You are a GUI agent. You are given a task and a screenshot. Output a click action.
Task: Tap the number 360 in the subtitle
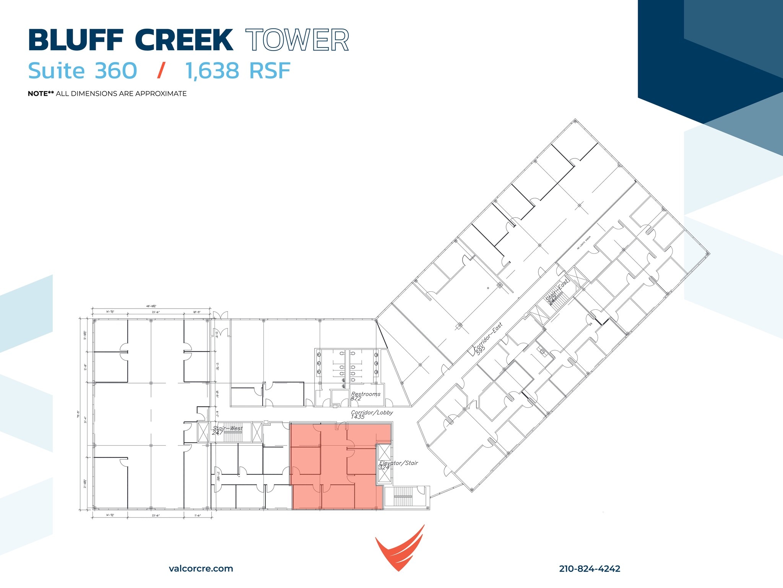click(x=115, y=71)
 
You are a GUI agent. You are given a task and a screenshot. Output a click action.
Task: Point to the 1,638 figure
click(x=213, y=71)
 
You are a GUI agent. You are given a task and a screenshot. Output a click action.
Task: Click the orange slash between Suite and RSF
click(x=161, y=71)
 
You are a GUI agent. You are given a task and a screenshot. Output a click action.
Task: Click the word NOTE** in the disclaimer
click(x=41, y=94)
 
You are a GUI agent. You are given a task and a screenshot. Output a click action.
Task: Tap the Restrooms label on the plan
click(x=366, y=394)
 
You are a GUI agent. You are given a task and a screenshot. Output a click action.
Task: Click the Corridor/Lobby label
click(x=372, y=412)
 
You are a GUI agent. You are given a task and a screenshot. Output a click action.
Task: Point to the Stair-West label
click(x=228, y=428)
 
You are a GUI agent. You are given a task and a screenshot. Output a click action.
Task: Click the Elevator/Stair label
click(x=398, y=463)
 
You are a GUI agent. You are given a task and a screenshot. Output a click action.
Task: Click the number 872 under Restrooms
click(x=356, y=399)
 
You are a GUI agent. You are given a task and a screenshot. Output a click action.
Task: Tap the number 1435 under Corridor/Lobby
click(x=357, y=417)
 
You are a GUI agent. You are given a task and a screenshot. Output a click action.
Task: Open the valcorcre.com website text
click(x=201, y=568)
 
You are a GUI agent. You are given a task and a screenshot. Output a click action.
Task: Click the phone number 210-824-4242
click(x=590, y=569)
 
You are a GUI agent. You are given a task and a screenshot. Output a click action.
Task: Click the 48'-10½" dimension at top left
click(x=151, y=306)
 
